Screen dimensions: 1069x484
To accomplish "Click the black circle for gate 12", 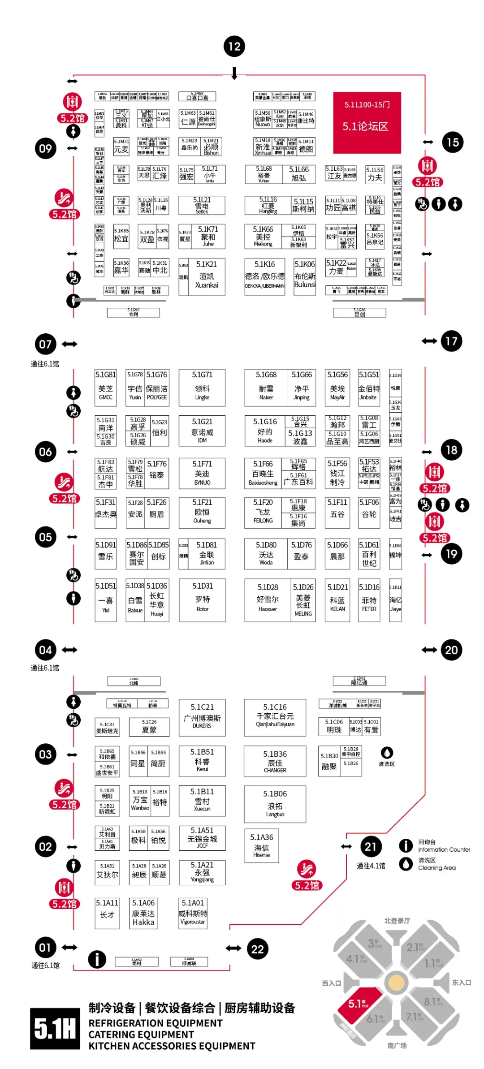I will click(234, 46).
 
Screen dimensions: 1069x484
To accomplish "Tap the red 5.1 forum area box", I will click(367, 122).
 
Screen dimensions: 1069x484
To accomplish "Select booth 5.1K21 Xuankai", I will click(206, 276).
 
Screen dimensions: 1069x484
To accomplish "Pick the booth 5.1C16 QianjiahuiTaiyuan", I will click(275, 717).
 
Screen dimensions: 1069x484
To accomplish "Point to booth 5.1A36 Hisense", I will click(262, 845).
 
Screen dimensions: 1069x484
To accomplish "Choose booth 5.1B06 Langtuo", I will click(275, 804).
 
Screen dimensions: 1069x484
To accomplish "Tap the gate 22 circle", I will click(257, 948).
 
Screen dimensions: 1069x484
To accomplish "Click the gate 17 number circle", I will click(451, 341).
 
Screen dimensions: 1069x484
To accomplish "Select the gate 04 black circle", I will click(45, 650).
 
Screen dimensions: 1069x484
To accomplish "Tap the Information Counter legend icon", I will click(406, 845).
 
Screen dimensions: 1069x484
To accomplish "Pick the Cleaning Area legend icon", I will click(406, 863).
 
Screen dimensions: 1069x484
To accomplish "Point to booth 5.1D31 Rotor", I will click(202, 600).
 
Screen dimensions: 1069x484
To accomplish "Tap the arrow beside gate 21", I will click(346, 846).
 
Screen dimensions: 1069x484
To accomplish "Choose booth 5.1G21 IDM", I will click(202, 431).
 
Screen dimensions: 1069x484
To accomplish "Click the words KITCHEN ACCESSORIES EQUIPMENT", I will click(172, 1046).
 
